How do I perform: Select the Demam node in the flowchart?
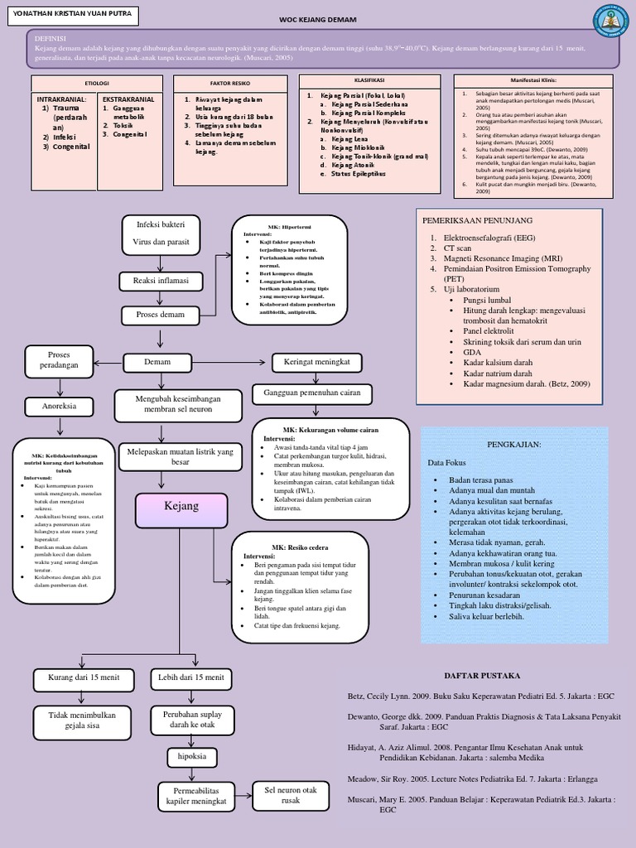click(x=158, y=362)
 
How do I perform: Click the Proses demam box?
click(x=161, y=315)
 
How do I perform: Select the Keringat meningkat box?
click(x=317, y=362)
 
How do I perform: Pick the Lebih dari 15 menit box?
click(x=191, y=678)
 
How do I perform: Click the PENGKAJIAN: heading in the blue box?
click(x=514, y=445)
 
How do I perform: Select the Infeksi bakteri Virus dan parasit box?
click(x=161, y=233)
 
